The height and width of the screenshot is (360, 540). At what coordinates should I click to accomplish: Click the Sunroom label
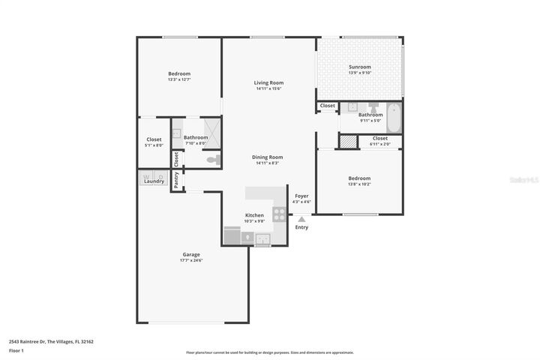pos(360,67)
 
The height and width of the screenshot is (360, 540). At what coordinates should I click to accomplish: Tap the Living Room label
pos(268,82)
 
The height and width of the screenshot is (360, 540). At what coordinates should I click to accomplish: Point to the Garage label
pos(190,254)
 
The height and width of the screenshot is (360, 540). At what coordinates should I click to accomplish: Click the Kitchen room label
pos(254,215)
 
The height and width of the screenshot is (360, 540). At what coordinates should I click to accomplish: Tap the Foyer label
pos(301,196)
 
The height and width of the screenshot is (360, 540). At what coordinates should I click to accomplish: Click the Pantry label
pos(176,180)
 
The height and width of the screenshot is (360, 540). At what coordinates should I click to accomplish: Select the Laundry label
pos(154,181)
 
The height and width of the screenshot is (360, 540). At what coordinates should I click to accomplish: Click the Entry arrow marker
pos(301,219)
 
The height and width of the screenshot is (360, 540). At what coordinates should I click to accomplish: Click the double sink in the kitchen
pos(262,239)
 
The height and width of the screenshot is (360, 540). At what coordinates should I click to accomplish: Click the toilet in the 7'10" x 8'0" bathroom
pos(211,159)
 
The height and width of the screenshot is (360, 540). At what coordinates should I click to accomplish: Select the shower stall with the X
pos(213,133)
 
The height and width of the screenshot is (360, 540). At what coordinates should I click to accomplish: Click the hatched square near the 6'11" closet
pos(348,141)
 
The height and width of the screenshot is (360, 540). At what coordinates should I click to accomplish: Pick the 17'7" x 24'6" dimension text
pos(190,260)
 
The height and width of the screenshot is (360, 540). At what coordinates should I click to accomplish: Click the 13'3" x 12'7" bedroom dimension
pos(178,79)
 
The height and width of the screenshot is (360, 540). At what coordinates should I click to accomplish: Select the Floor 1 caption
pos(16,350)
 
